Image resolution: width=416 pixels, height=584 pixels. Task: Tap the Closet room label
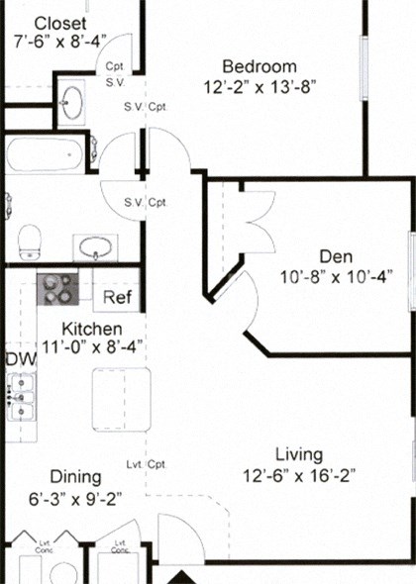click(x=59, y=22)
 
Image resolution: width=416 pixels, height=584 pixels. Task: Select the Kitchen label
click(x=91, y=328)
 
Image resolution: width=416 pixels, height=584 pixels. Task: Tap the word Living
click(x=299, y=454)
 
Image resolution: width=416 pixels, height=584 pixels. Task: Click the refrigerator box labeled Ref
click(x=117, y=297)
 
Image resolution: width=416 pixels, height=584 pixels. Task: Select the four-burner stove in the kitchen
click(x=57, y=289)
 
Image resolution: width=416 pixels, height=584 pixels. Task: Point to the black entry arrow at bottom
click(x=182, y=576)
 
